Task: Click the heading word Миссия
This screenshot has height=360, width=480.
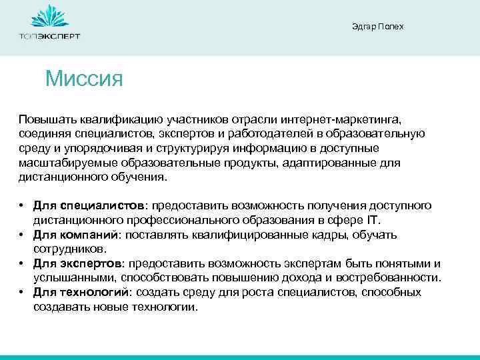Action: [x=85, y=79]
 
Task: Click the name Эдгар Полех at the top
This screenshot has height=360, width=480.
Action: [x=377, y=27]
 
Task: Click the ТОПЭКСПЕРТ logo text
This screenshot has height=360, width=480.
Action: [x=49, y=36]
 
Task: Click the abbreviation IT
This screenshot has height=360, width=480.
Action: [x=392, y=220]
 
